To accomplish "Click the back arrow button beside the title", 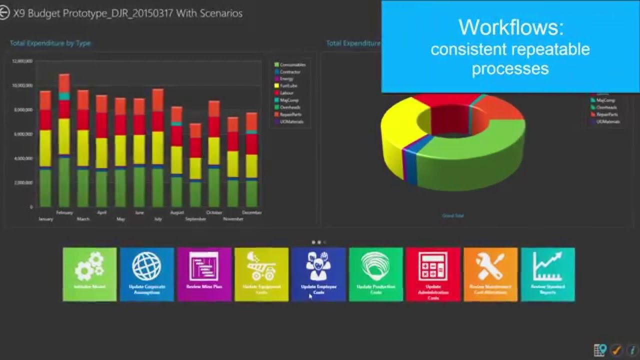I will pyautogui.click(x=4, y=13).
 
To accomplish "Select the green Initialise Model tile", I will pyautogui.click(x=89, y=274).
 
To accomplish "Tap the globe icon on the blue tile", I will pyautogui.click(x=146, y=266).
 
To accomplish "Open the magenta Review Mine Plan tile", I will pyautogui.click(x=204, y=274).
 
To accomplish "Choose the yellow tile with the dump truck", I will pyautogui.click(x=261, y=274).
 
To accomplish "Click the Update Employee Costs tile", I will pyautogui.click(x=318, y=274).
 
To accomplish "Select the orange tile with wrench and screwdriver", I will pyautogui.click(x=490, y=274).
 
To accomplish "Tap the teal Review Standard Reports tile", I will pyautogui.click(x=547, y=274).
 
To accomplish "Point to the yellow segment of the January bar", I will pyautogui.click(x=45, y=148).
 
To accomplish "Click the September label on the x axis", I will pyautogui.click(x=195, y=219).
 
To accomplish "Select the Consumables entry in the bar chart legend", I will pyautogui.click(x=292, y=65).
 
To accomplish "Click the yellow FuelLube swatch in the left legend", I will pyautogui.click(x=276, y=86).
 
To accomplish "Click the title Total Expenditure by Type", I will pyautogui.click(x=50, y=43).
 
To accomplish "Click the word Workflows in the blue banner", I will pyautogui.click(x=510, y=27).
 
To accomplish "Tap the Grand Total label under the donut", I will pyautogui.click(x=453, y=215).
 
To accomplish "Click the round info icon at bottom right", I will pyautogui.click(x=632, y=349).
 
